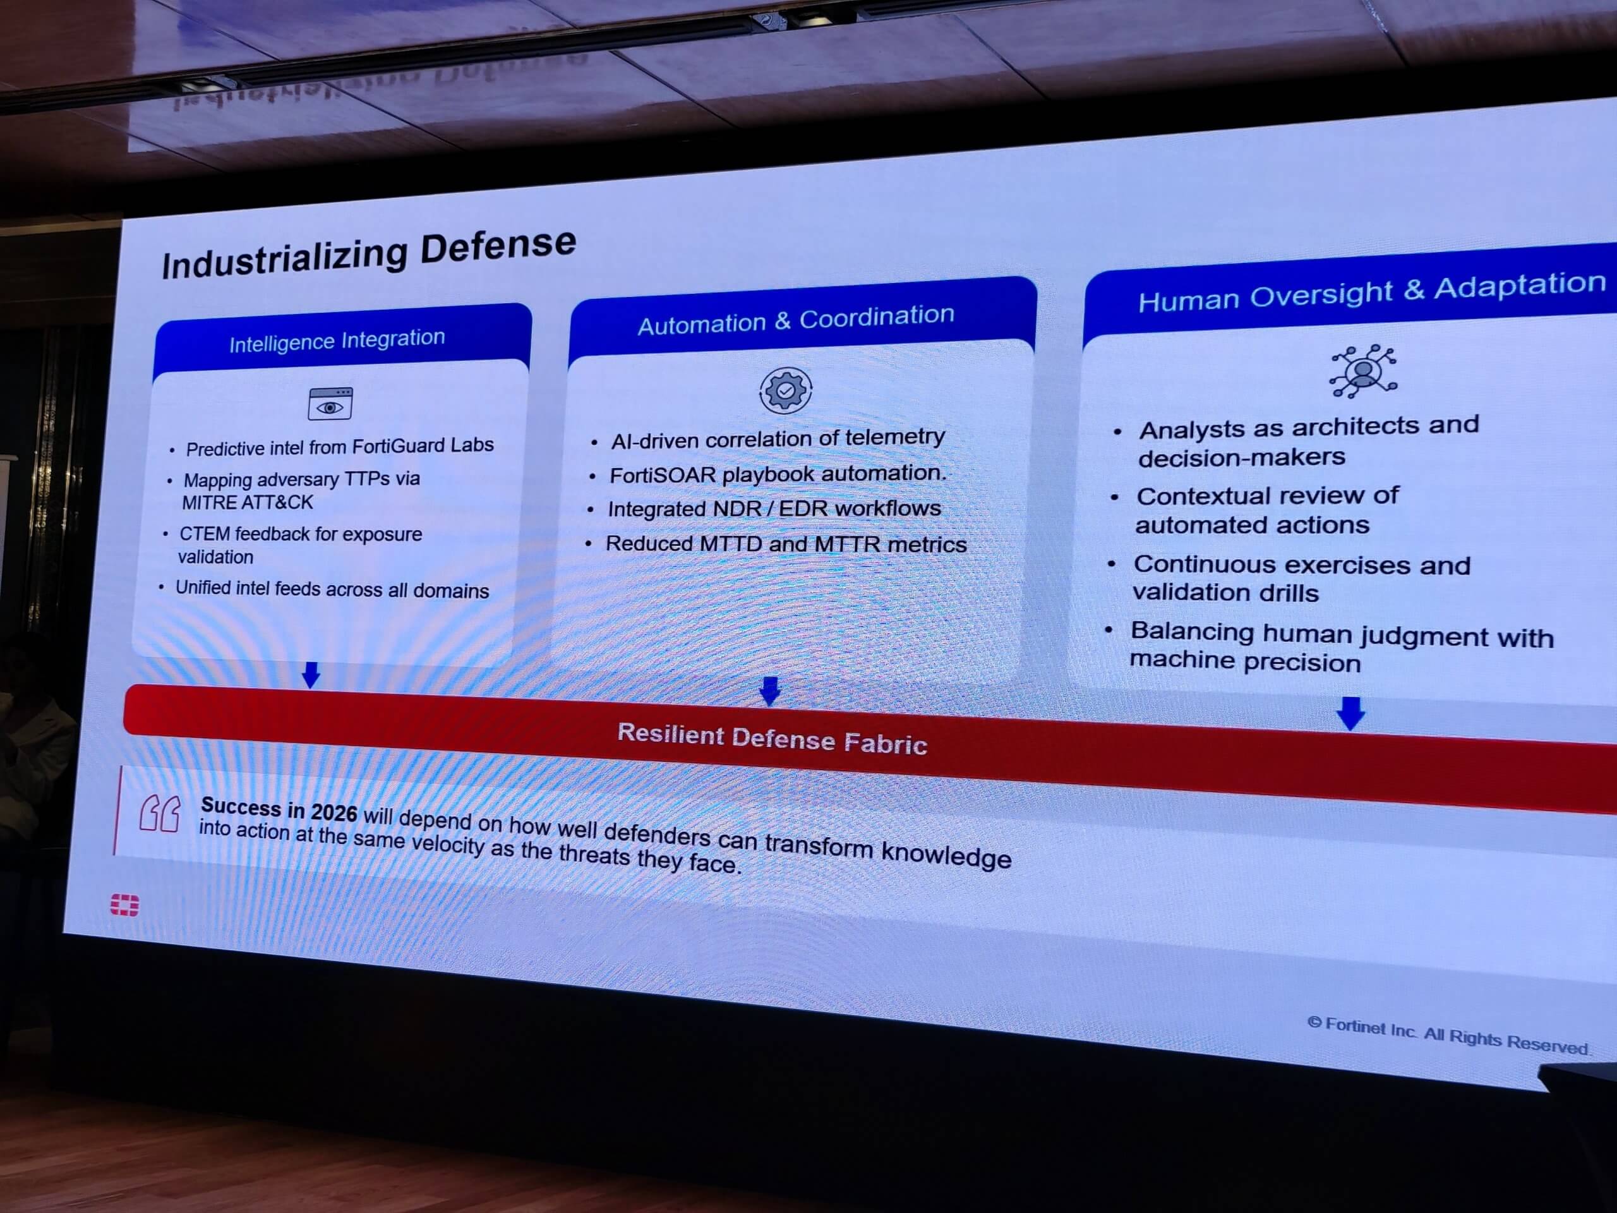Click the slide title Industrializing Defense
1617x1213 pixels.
(x=369, y=255)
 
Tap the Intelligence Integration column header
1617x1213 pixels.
(x=337, y=341)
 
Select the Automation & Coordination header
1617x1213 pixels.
(x=796, y=320)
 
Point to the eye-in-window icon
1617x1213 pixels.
(x=330, y=404)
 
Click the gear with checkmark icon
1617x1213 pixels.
(x=786, y=390)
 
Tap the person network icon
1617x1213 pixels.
(x=1363, y=371)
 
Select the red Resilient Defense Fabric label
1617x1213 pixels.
(x=772, y=739)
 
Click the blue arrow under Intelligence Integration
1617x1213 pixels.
(x=311, y=674)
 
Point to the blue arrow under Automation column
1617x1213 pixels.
(x=770, y=691)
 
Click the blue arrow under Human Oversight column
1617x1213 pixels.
(x=1350, y=713)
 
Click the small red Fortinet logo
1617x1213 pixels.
(x=124, y=905)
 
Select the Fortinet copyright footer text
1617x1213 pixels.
(x=1448, y=1035)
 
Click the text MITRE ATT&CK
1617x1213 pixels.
(x=247, y=502)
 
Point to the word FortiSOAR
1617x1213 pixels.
(x=663, y=475)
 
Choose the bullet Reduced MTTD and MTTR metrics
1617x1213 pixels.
(x=786, y=544)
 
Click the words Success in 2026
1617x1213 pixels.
(x=279, y=809)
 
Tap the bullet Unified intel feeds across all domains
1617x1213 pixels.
(x=332, y=589)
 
